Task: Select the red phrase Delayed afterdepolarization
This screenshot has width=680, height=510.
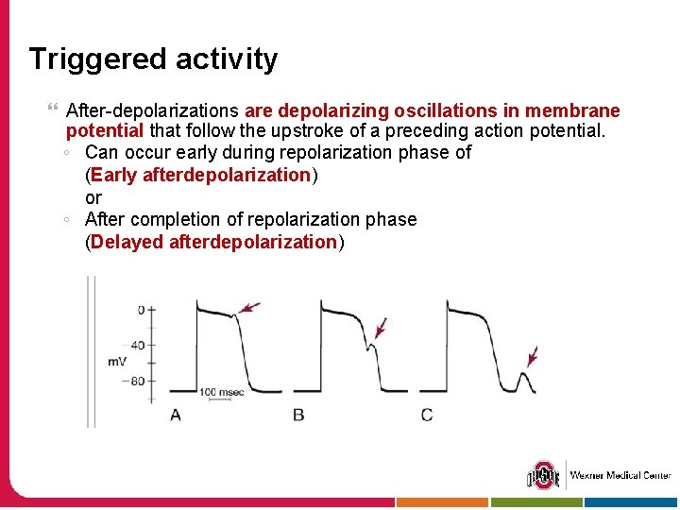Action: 213,242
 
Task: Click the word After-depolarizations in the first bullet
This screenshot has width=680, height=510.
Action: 152,110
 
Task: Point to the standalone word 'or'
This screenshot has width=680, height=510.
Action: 93,197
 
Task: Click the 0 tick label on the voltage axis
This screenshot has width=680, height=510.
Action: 141,310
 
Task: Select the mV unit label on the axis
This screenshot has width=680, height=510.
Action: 117,362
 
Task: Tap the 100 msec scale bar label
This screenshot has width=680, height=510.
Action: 221,391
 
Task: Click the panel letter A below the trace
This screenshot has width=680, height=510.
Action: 176,415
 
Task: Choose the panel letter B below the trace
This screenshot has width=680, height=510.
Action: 298,415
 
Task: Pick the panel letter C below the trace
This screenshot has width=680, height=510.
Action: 427,415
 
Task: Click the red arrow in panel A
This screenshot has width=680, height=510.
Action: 249,307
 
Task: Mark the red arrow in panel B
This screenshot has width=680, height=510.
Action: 381,327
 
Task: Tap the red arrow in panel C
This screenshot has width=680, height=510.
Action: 533,356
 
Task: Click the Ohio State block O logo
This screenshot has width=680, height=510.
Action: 543,475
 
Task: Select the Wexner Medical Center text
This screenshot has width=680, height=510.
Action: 620,475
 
